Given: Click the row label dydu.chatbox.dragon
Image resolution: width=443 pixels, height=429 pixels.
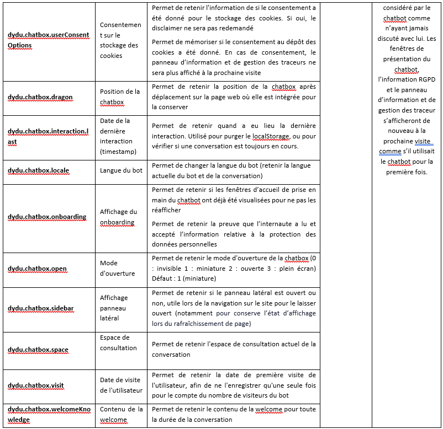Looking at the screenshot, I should click(40, 97).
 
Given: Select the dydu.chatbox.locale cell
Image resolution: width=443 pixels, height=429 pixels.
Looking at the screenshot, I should click(38, 170).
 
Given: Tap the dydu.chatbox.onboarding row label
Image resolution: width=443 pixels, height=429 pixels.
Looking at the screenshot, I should click(47, 217).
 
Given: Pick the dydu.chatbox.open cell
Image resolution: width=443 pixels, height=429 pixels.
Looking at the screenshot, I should click(37, 269).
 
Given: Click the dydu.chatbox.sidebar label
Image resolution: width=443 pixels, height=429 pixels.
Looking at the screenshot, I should click(40, 309).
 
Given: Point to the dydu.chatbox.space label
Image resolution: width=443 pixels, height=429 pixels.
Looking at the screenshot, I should click(38, 350).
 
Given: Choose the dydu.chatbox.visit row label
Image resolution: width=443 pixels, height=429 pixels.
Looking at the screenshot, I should click(36, 385).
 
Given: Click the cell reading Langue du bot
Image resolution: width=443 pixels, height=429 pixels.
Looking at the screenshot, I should click(121, 170).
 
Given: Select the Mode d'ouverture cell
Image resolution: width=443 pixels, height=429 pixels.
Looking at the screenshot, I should click(118, 268).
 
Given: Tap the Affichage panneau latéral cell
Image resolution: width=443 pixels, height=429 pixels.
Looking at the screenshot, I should click(114, 308).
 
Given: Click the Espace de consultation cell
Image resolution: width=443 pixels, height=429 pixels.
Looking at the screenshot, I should click(118, 342).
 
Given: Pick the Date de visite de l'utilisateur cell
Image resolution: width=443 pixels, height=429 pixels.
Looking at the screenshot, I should click(121, 385).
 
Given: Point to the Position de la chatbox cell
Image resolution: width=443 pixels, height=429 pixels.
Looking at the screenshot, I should click(120, 96).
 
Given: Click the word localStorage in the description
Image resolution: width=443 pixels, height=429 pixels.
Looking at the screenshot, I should click(270, 136).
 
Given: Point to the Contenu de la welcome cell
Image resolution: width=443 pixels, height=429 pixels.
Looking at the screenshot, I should click(121, 414).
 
